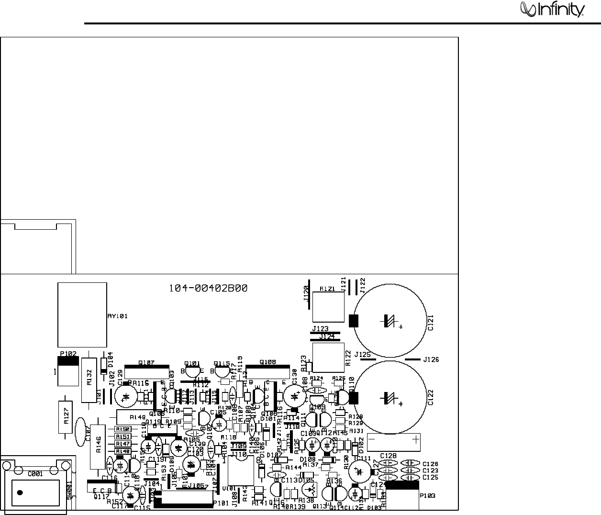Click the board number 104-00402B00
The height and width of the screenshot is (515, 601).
click(208, 288)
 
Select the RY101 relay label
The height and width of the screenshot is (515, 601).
click(117, 316)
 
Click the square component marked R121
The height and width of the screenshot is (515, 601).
click(328, 306)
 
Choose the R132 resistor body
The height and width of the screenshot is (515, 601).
click(89, 379)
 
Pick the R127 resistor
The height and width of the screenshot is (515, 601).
click(67, 416)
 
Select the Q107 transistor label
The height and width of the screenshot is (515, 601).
click(146, 363)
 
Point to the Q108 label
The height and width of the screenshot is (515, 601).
click(267, 362)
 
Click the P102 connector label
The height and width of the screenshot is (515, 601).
click(68, 354)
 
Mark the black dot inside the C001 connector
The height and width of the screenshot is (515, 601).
click(20, 493)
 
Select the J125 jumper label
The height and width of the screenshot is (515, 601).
click(362, 355)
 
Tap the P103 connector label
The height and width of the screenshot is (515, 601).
click(428, 496)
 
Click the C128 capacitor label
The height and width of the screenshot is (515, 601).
click(388, 456)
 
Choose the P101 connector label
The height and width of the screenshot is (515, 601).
click(221, 503)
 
